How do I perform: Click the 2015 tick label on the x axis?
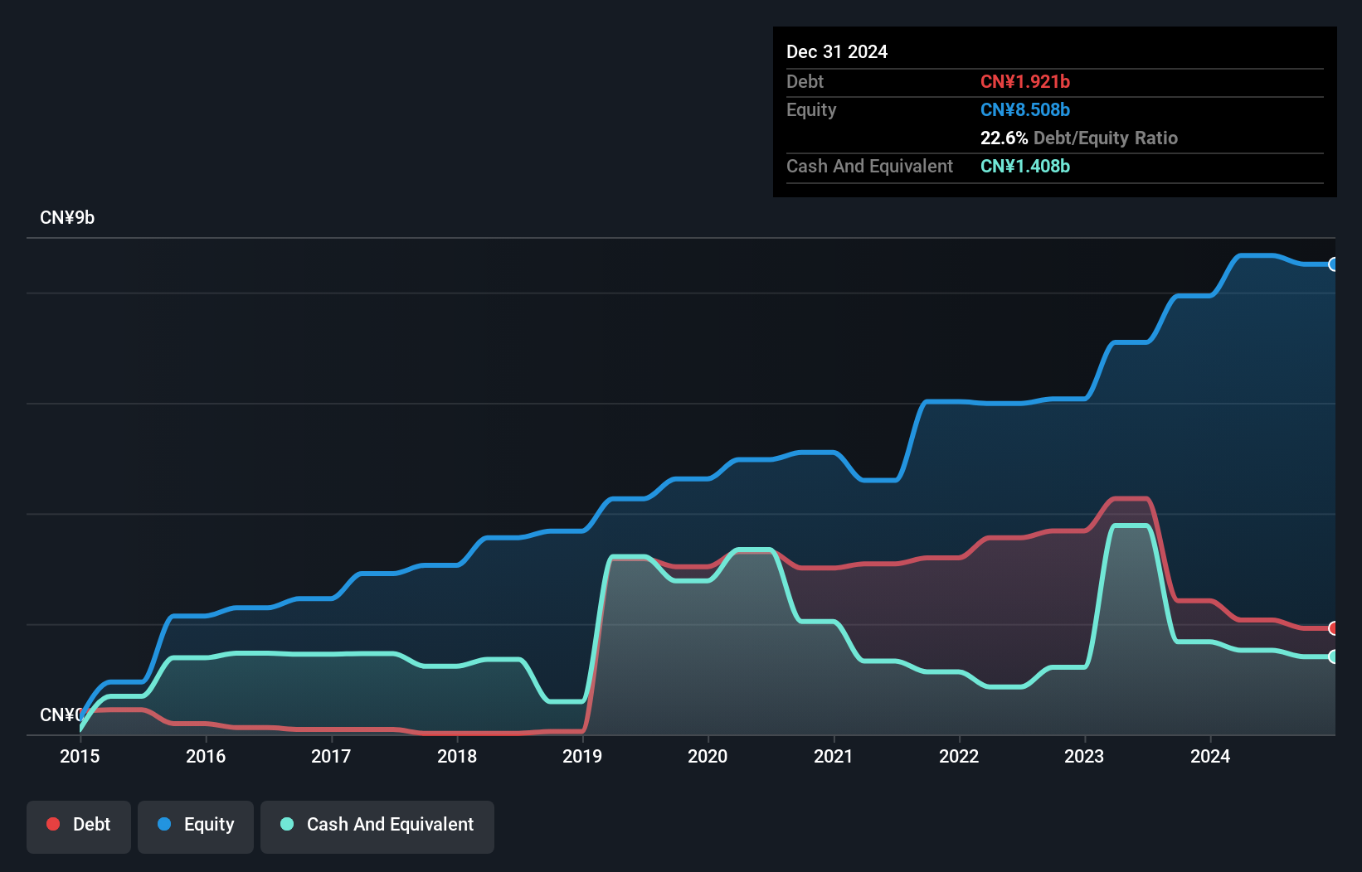coord(80,756)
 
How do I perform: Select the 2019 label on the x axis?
coord(582,756)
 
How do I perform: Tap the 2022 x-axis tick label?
coord(959,756)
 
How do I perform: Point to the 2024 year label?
coord(1210,756)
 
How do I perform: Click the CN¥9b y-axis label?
coord(67,218)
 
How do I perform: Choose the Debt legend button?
coord(79,825)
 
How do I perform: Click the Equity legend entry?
coord(196,825)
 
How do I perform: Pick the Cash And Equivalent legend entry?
coord(377,825)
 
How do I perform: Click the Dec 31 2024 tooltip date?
coord(837,52)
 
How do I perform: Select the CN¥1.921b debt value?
coord(1025,82)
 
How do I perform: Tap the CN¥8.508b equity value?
coord(1025,110)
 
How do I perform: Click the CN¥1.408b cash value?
coord(1025,167)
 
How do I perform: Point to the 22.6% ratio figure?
coord(1004,138)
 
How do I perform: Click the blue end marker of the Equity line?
coord(1333,264)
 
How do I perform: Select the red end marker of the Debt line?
coord(1333,628)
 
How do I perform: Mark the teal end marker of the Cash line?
coord(1333,656)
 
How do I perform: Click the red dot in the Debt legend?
coord(53,824)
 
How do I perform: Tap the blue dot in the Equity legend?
coord(164,824)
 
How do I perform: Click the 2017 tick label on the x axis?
coord(331,756)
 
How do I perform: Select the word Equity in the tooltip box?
coord(811,110)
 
